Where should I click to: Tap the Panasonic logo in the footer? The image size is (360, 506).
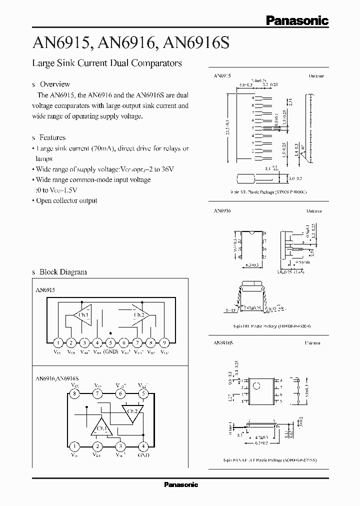(181, 484)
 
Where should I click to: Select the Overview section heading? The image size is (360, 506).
(54, 84)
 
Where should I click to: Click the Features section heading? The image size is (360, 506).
(52, 137)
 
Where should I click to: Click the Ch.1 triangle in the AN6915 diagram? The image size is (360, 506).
(81, 314)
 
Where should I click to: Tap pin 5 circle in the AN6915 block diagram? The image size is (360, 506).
(111, 342)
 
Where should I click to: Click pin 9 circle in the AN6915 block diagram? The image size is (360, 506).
(164, 342)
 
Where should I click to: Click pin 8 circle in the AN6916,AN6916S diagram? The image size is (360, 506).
(74, 394)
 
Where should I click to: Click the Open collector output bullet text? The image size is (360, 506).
(66, 200)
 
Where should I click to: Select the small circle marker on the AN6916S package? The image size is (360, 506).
(256, 385)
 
